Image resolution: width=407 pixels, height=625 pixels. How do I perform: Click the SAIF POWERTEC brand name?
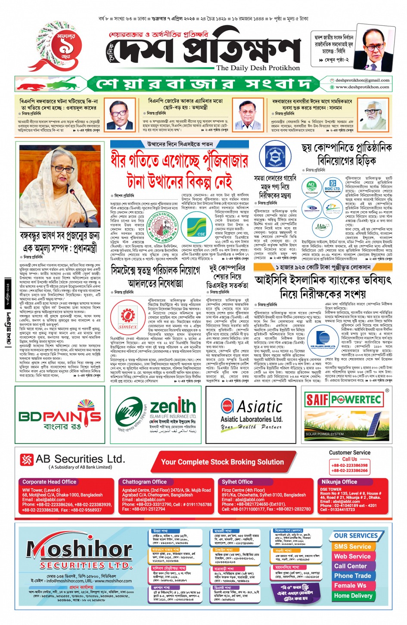(x=343, y=400)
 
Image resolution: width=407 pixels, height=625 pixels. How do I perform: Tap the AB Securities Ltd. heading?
(x=80, y=459)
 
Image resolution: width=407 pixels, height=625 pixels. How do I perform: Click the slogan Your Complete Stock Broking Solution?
(x=222, y=462)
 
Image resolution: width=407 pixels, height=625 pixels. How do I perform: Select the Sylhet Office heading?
(x=237, y=482)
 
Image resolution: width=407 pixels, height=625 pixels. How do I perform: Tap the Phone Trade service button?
(x=352, y=575)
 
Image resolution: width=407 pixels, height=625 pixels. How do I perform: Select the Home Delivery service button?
(x=353, y=596)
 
